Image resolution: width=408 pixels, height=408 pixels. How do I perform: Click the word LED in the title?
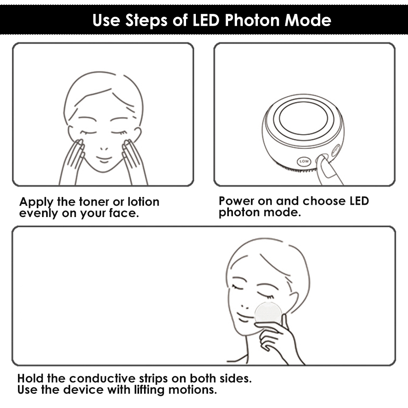click(206, 20)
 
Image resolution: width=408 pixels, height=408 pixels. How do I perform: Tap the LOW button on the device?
click(304, 161)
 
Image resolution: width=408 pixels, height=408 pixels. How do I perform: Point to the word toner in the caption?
click(94, 202)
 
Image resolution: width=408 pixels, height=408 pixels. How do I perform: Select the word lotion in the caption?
click(143, 202)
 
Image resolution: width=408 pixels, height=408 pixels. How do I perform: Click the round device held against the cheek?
click(268, 314)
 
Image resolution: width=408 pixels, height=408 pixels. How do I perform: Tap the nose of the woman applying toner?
click(104, 149)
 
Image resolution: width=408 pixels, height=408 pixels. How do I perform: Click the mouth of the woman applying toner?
click(104, 159)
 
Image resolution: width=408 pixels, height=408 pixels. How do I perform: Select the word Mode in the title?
click(308, 20)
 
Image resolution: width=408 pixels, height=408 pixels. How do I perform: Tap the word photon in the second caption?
click(239, 213)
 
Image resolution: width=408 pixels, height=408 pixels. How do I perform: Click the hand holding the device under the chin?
click(278, 338)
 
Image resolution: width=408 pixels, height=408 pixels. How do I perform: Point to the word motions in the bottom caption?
click(192, 390)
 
